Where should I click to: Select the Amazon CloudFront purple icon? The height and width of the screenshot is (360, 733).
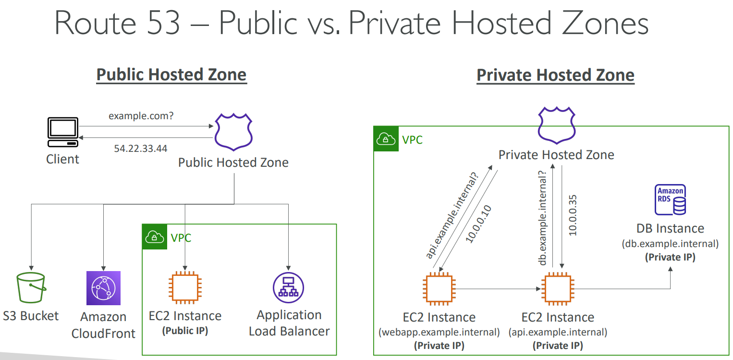tap(103, 288)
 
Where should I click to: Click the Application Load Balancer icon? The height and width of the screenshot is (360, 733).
tap(288, 288)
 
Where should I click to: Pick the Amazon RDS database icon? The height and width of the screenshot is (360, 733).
tap(670, 199)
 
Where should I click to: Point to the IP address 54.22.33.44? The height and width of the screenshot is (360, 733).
tap(141, 149)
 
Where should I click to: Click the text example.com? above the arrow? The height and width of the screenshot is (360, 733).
tap(141, 116)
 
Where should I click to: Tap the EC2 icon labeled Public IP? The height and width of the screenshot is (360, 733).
tap(185, 288)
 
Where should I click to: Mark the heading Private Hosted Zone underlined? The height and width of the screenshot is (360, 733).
tap(555, 75)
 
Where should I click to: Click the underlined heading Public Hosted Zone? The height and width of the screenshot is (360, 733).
tap(171, 75)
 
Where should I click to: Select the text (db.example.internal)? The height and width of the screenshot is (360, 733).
tap(670, 244)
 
